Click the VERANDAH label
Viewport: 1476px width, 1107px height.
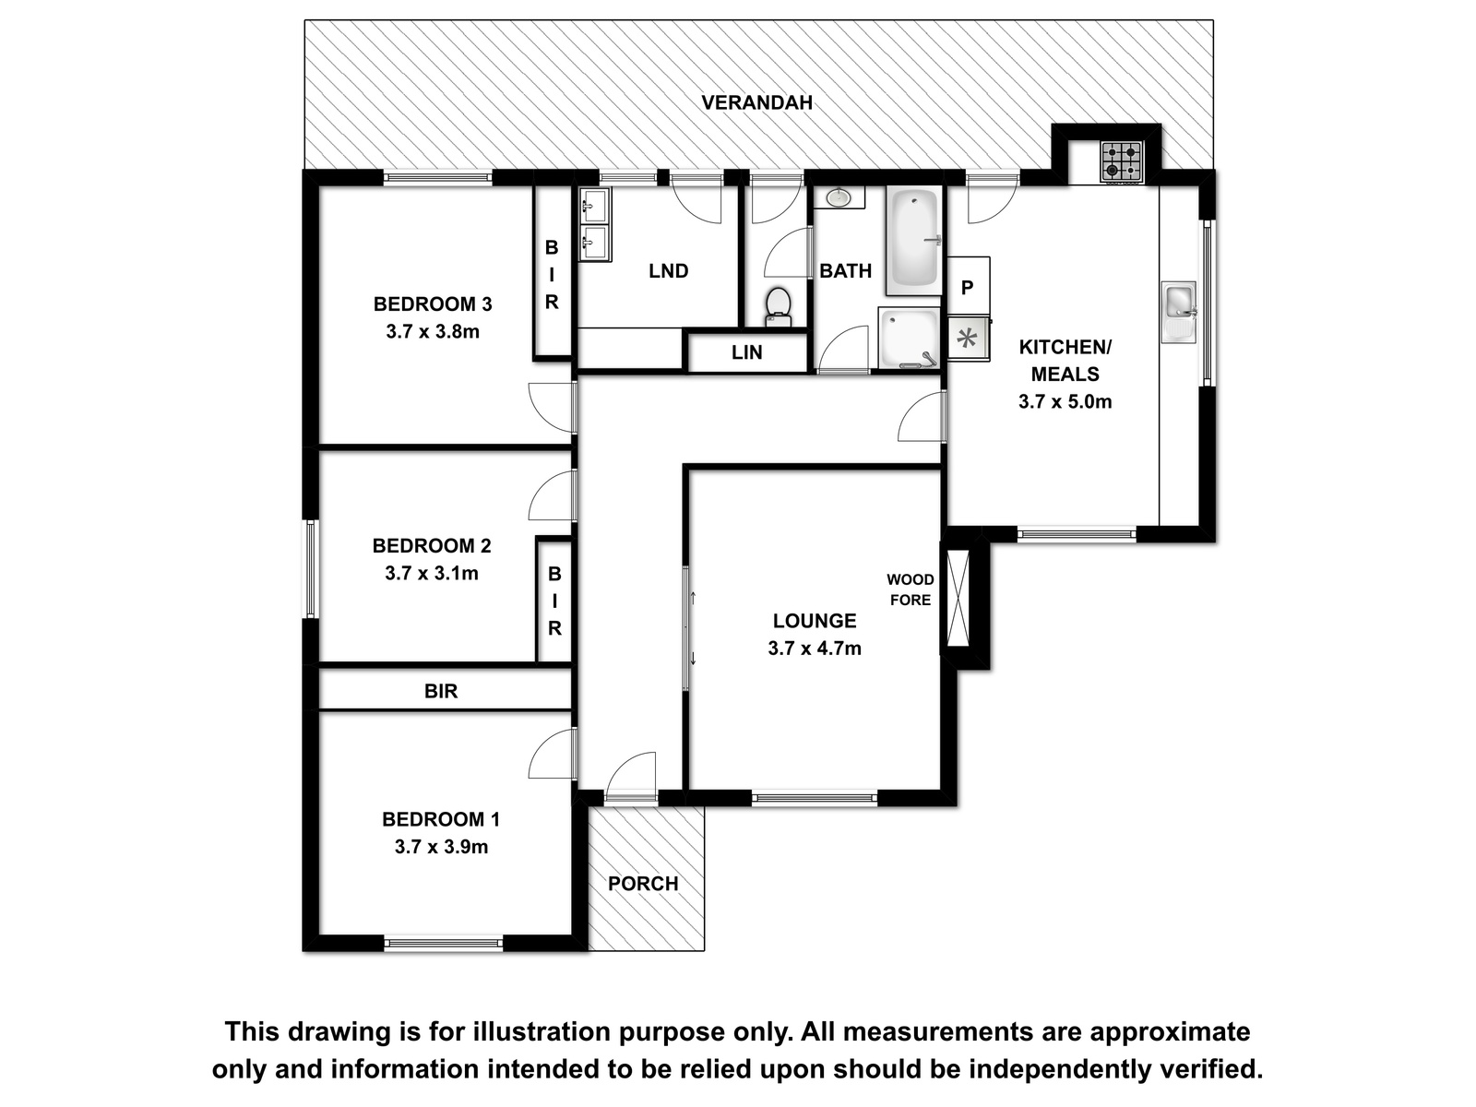click(756, 102)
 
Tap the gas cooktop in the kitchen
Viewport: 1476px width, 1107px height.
click(1122, 162)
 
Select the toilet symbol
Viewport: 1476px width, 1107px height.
click(779, 307)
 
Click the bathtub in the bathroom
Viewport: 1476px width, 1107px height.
click(913, 240)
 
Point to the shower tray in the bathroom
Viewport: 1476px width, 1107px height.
click(909, 338)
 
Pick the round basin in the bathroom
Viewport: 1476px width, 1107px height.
click(839, 197)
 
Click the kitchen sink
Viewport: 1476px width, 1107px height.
click(1179, 312)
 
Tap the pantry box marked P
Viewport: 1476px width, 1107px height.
click(969, 286)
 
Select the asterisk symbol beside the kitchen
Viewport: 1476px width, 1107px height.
click(969, 338)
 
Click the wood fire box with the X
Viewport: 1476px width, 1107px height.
click(958, 598)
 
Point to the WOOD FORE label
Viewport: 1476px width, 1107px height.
click(911, 589)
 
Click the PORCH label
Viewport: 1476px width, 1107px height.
click(643, 883)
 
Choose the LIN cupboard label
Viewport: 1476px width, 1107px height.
click(747, 352)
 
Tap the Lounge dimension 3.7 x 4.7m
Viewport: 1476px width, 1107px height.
click(815, 649)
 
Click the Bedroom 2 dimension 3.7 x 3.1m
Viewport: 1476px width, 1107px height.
click(432, 573)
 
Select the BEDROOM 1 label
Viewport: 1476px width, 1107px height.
click(441, 819)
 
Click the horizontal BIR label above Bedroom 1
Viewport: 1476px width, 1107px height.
click(441, 691)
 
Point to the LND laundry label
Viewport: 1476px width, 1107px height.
click(669, 271)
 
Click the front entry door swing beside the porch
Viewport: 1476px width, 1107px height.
click(631, 777)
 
